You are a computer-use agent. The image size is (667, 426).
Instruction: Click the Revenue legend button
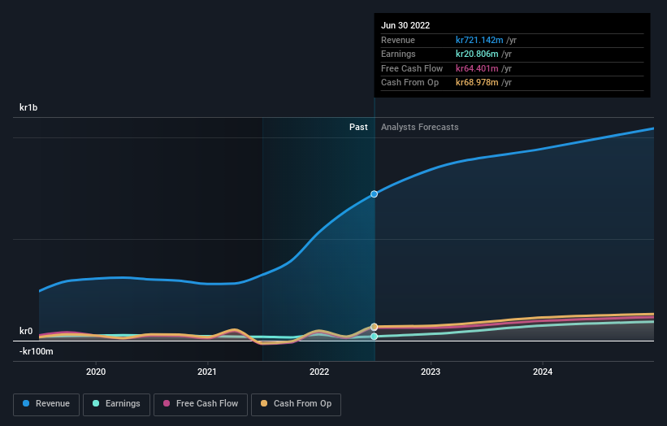point(46,403)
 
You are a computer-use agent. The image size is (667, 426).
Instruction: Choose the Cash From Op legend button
point(296,403)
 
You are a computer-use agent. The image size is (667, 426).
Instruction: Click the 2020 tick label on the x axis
point(96,372)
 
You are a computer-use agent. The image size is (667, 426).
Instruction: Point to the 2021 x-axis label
point(207,372)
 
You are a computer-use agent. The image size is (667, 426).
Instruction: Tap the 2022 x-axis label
point(319,372)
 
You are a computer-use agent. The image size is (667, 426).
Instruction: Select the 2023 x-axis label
point(431,372)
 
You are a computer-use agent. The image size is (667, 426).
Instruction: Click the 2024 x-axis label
point(543,372)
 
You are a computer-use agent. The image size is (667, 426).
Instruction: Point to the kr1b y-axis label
point(29,107)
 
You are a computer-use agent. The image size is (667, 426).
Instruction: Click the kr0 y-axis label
point(26,331)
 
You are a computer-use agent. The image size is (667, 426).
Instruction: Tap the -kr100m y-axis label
point(36,351)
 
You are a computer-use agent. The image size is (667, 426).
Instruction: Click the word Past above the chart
point(358,127)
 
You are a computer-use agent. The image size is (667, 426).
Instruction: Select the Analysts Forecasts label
point(419,127)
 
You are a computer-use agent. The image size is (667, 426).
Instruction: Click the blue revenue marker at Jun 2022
point(375,193)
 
